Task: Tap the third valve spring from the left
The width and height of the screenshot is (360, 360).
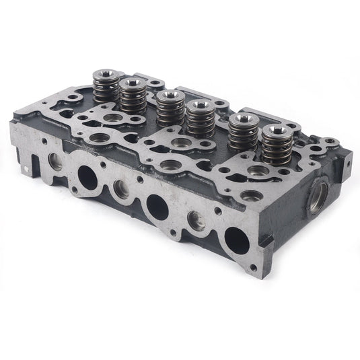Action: pyautogui.click(x=170, y=106)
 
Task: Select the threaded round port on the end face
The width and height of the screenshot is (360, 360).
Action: pyautogui.click(x=316, y=199)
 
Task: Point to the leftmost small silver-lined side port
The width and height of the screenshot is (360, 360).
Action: pyautogui.click(x=55, y=161)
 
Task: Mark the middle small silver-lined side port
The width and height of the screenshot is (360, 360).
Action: pyautogui.click(x=121, y=189)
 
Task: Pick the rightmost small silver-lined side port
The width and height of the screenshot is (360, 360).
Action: pyautogui.click(x=196, y=219)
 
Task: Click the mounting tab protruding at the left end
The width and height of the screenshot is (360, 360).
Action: pyautogui.click(x=29, y=161)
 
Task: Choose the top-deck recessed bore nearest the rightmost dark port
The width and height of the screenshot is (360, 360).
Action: pyautogui.click(x=251, y=196)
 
